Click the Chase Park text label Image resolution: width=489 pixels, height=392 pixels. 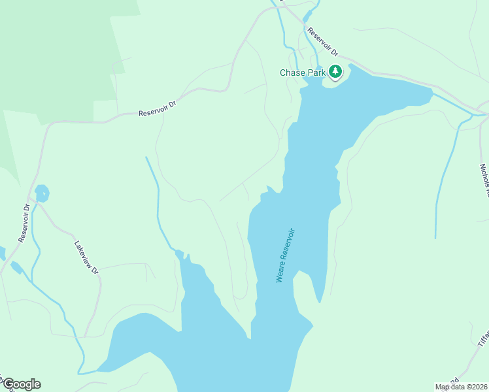(303, 73)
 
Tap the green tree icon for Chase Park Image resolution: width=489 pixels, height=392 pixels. (335, 71)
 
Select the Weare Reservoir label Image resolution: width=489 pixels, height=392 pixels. (286, 255)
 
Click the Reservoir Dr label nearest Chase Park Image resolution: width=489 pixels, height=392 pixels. (324, 41)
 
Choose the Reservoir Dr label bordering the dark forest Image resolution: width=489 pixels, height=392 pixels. (158, 109)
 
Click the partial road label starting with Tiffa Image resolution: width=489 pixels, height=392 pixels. (483, 337)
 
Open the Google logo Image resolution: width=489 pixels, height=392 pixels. (22, 384)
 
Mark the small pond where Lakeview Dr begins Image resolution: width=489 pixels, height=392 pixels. (41, 193)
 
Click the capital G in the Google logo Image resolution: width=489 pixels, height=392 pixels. (8, 384)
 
